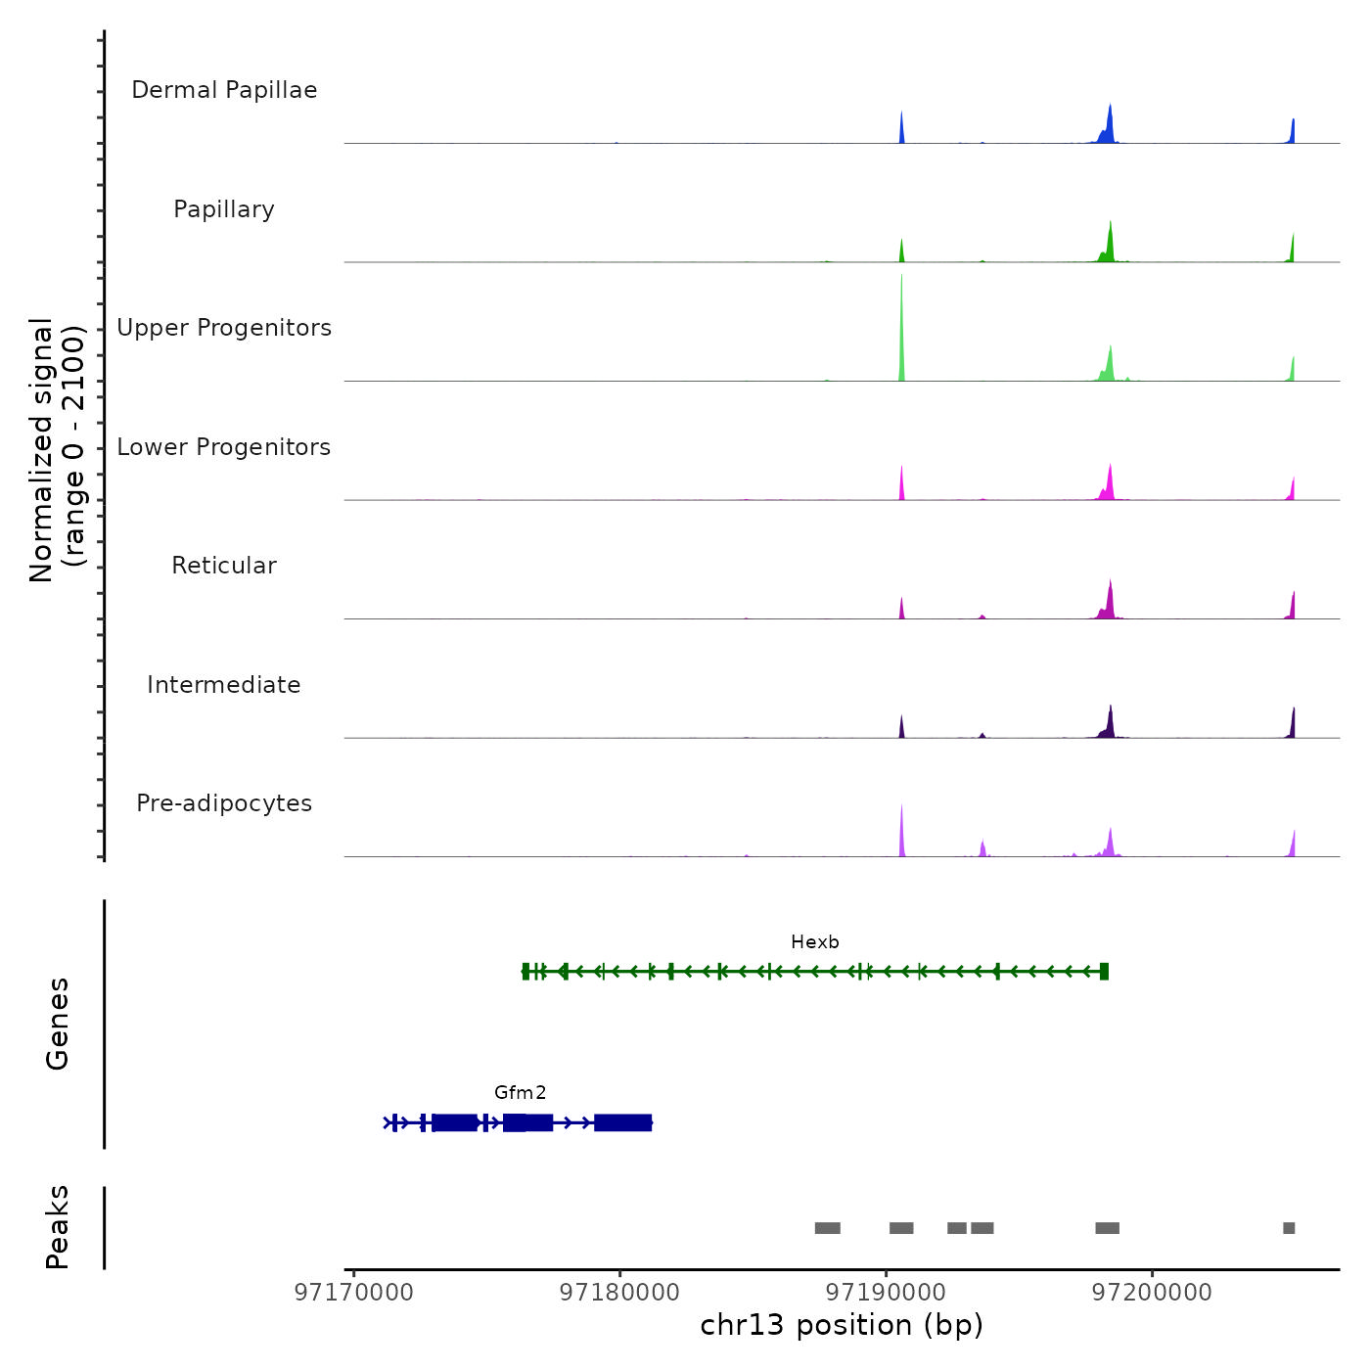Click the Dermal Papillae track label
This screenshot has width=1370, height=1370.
224,90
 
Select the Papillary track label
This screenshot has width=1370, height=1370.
224,209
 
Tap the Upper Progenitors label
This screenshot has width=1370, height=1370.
224,328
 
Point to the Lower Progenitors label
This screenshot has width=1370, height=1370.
224,447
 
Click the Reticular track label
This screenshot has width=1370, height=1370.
224,566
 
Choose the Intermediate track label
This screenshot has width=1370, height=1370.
224,685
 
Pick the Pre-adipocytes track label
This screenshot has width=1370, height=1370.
224,803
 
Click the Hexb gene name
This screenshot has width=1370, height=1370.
815,942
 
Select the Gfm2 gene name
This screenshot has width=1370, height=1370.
520,1093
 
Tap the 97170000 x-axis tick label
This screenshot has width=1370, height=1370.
353,1293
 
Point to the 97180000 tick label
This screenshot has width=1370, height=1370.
619,1293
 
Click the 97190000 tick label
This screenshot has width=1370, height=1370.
886,1293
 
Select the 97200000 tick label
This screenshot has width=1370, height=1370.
1152,1293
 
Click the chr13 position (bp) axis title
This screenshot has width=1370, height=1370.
842,1325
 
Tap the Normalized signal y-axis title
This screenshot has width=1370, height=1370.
57,449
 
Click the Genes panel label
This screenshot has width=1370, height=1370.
57,1023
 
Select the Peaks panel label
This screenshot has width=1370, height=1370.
57,1227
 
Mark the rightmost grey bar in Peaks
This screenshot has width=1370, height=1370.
1289,1228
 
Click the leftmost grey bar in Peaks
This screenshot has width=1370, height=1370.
827,1228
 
